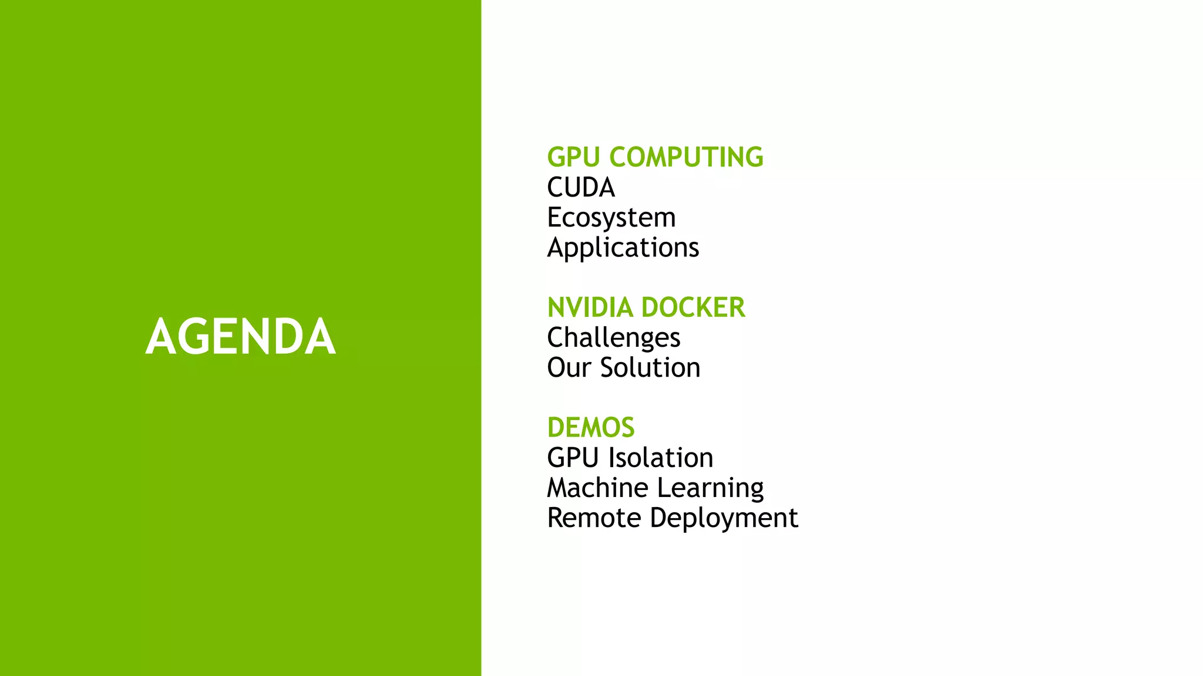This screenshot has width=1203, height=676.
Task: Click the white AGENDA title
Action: [x=240, y=336]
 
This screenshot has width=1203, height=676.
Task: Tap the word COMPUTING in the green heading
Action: [x=686, y=157]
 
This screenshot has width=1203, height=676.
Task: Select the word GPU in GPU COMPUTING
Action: [x=573, y=157]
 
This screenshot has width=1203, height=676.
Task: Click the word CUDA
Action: [x=581, y=188]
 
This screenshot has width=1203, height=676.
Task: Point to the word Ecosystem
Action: [x=611, y=218]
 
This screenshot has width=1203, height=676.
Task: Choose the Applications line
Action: [x=623, y=248]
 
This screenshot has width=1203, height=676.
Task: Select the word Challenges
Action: [x=614, y=338]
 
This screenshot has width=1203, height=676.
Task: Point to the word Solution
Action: [x=650, y=368]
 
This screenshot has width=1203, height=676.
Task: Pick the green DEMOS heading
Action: [x=591, y=428]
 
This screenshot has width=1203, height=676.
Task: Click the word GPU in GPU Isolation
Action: [x=573, y=458]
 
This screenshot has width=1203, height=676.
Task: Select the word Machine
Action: [x=597, y=488]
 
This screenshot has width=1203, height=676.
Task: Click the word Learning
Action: [x=710, y=488]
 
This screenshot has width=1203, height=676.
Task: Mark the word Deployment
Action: [x=724, y=518]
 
